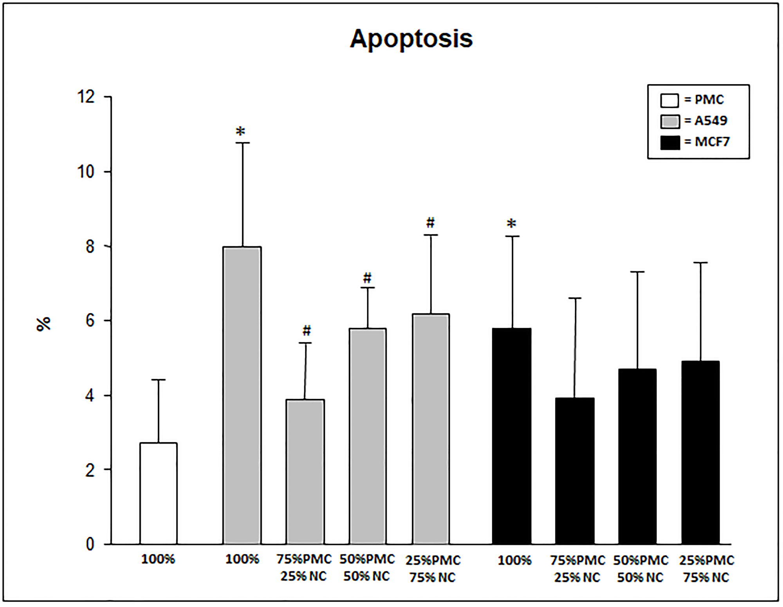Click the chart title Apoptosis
pos(411,39)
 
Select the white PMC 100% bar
pos(159,493)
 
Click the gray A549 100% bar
pos(242,396)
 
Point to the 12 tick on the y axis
pos(87,97)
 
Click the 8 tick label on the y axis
pos(90,246)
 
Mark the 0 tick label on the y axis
pos(90,544)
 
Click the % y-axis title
pos(43,324)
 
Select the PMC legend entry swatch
pos(669,100)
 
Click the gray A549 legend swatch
pos(670,121)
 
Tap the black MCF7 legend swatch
pos(670,143)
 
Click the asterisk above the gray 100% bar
pos(240,132)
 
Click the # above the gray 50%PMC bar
pos(367,278)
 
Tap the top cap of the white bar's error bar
pos(159,379)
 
